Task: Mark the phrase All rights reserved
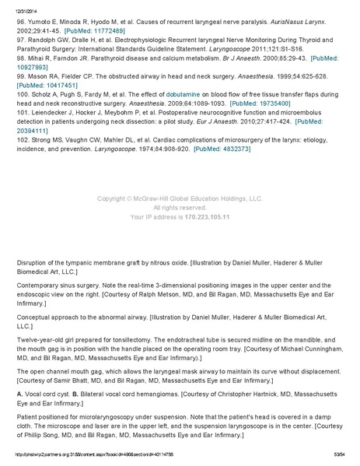click(x=180, y=208)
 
